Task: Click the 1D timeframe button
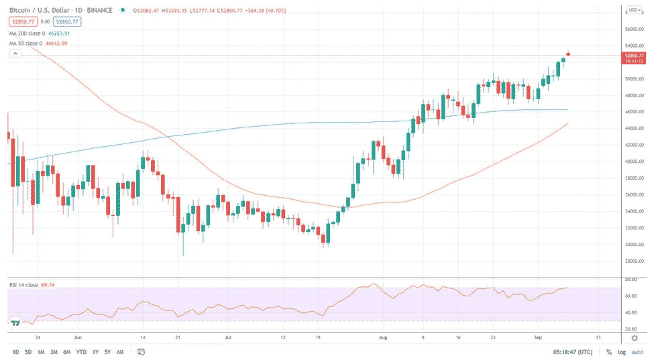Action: tap(16, 352)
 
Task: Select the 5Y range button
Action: tap(107, 352)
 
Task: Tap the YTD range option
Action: tap(81, 352)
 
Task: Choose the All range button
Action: tap(120, 352)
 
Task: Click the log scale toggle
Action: tap(622, 352)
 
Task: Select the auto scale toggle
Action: tap(637, 352)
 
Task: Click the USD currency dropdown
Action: tap(633, 10)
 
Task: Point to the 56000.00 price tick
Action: tap(634, 29)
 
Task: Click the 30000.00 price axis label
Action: tap(634, 245)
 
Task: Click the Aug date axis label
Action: tap(383, 339)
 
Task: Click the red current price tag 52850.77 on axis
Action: tap(634, 56)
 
